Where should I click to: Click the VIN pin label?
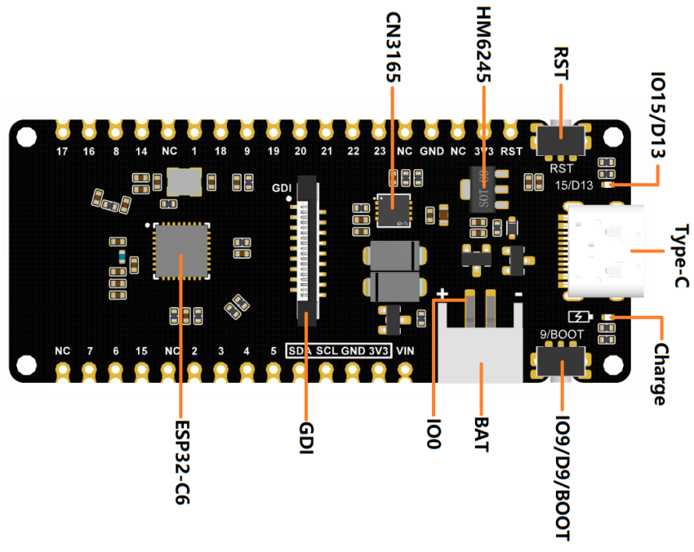pos(405,350)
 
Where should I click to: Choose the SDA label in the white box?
pos(300,351)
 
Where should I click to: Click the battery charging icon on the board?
pos(576,318)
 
